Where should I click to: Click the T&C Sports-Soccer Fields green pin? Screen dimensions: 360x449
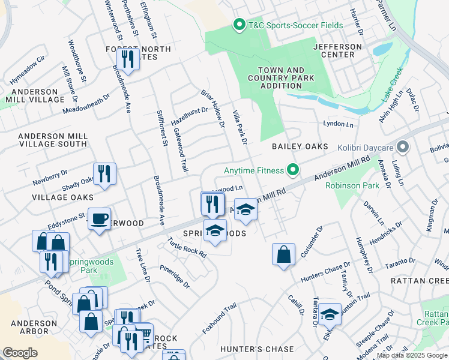[238, 25]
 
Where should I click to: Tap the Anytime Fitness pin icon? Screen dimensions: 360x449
[293, 170]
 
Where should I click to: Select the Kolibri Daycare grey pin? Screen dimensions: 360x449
[403, 147]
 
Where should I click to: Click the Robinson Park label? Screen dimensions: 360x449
[352, 185]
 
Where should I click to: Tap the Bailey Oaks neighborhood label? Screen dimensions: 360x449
[300, 146]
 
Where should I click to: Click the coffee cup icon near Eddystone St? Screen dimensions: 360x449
[99, 218]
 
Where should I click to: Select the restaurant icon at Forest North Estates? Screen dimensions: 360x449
[128, 58]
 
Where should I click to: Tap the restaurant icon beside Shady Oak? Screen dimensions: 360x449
[104, 174]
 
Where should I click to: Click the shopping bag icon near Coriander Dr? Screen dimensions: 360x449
[283, 254]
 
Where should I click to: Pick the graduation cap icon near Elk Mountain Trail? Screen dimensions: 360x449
[330, 314]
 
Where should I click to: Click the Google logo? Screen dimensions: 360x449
[20, 353]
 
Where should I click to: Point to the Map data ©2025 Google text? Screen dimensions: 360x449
[412, 355]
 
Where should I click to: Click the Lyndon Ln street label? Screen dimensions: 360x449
[339, 124]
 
